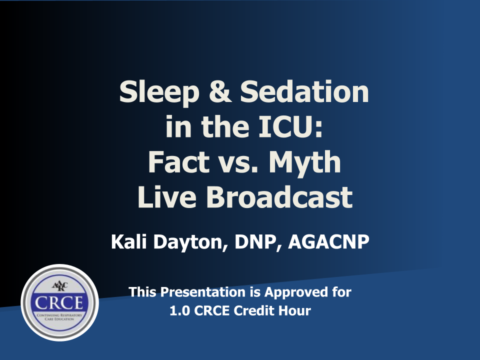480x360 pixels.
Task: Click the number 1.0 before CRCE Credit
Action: click(x=179, y=310)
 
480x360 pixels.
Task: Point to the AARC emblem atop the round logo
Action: click(x=59, y=285)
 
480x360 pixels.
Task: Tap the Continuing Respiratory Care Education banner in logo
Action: click(x=59, y=318)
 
